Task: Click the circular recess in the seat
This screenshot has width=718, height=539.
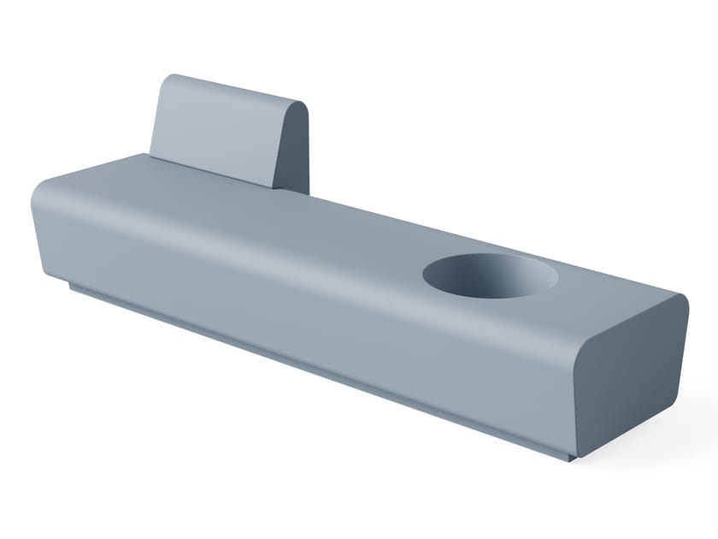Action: click(490, 275)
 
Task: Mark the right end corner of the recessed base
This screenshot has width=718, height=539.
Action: click(571, 458)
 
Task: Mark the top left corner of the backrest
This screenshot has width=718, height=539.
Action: click(167, 79)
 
